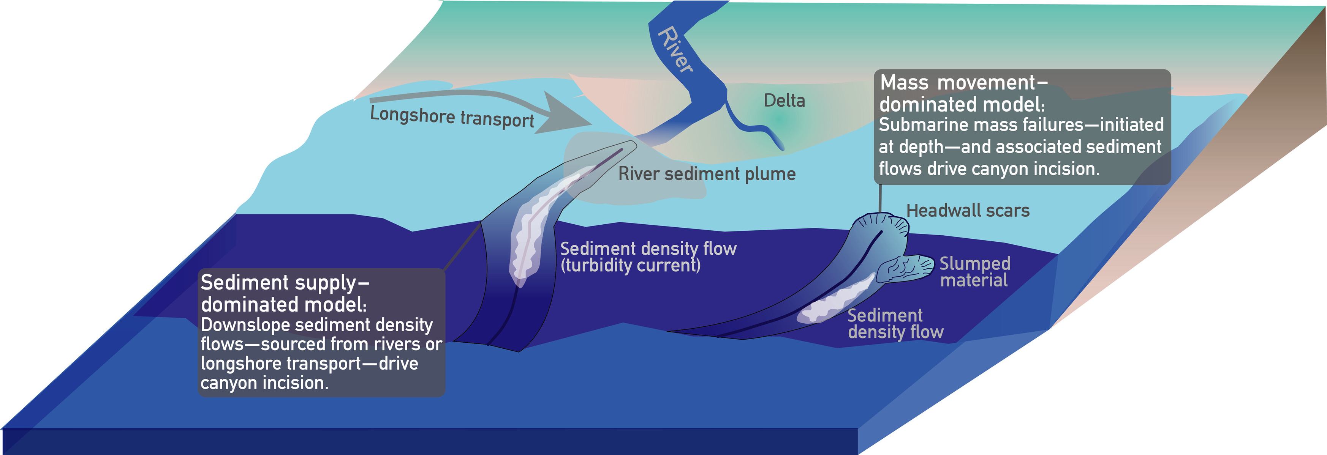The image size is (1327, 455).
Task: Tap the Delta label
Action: (x=784, y=100)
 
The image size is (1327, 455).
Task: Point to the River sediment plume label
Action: (x=707, y=174)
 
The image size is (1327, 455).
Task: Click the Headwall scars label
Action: (x=968, y=211)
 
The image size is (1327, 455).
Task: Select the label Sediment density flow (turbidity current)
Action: (x=648, y=257)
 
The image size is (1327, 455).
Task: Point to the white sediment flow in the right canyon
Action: (x=835, y=301)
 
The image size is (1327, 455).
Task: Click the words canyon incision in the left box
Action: (x=264, y=383)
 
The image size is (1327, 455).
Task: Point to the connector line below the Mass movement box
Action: (x=880, y=198)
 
